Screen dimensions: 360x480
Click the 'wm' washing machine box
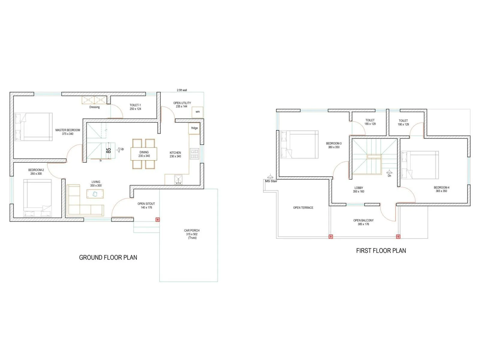[x=197, y=112]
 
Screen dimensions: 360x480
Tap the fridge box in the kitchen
[x=194, y=128]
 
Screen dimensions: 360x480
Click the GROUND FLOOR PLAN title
[x=108, y=257]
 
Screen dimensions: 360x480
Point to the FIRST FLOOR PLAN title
[x=381, y=251]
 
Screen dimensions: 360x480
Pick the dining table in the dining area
[x=144, y=154]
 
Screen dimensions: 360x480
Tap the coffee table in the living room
[x=95, y=194]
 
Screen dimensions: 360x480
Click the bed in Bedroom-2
[x=37, y=198]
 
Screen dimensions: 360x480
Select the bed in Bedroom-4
[x=420, y=165]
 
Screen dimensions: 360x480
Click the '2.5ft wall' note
[x=182, y=90]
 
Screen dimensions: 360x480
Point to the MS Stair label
[x=271, y=181]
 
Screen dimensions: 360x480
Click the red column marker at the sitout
[x=157, y=220]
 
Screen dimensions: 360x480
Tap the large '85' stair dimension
[x=109, y=150]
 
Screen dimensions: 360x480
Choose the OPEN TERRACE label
[x=303, y=208]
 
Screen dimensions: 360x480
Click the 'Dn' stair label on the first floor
[x=389, y=176]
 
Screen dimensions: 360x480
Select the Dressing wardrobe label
[x=94, y=107]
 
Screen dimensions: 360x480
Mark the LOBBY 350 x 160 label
[x=358, y=190]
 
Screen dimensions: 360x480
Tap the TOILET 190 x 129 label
[x=403, y=122]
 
